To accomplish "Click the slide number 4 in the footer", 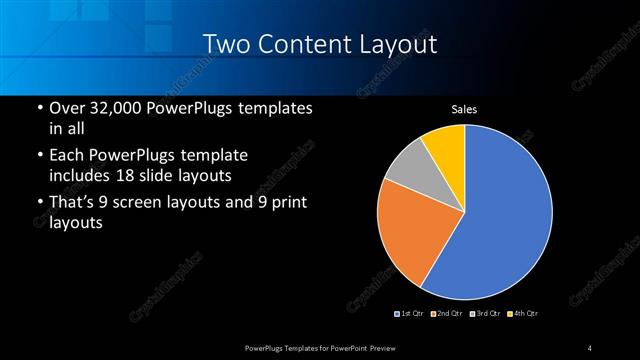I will pos(590,347).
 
